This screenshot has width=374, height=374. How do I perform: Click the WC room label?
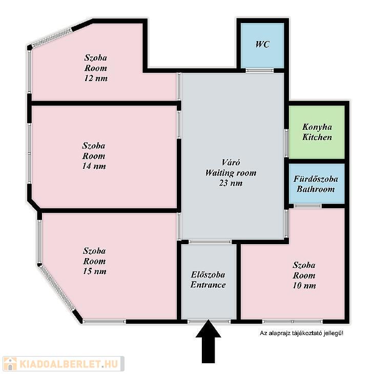[x=262, y=45]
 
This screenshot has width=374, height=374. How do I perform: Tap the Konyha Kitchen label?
[x=317, y=132]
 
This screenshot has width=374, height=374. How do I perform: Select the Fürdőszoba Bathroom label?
[x=316, y=184]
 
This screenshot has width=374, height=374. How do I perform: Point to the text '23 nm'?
[x=231, y=183]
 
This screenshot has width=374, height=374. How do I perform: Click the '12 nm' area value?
[x=96, y=78]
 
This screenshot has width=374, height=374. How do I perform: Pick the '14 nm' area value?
[x=94, y=166]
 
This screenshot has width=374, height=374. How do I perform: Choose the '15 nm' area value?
[x=94, y=271]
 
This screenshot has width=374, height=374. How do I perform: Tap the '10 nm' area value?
[x=304, y=285]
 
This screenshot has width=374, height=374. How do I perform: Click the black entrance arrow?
[x=208, y=342]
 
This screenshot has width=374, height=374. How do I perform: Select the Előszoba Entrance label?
[x=208, y=280]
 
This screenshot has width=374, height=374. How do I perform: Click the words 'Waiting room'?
[x=231, y=173]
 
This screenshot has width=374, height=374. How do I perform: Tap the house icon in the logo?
[x=10, y=364]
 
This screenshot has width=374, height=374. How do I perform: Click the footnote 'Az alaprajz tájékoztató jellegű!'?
[x=301, y=333]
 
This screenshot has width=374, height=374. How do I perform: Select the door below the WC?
[x=260, y=70]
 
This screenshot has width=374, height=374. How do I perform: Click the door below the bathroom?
[x=307, y=206]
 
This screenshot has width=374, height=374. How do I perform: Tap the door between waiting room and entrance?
[x=210, y=242]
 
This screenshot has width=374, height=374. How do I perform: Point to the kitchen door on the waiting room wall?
[x=286, y=143]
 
